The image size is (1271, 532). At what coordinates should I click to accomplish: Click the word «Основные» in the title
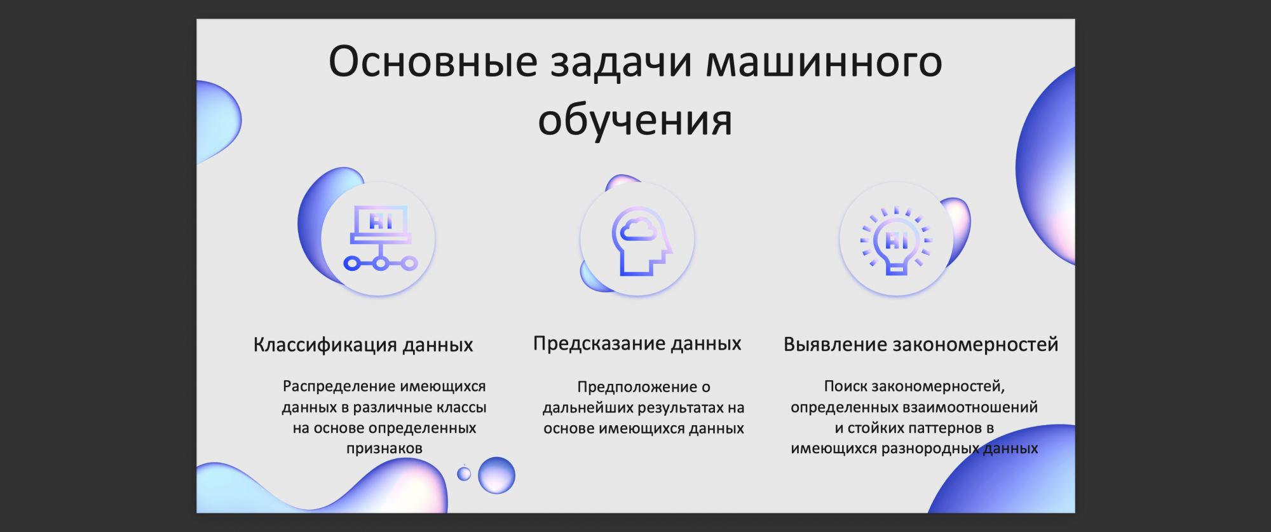point(433,62)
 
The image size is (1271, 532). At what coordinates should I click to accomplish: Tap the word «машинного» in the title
point(824,62)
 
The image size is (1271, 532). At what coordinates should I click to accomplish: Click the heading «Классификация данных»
point(364,344)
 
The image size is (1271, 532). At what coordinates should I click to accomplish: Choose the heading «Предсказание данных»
point(637,343)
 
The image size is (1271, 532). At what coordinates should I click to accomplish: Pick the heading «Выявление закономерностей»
point(921,344)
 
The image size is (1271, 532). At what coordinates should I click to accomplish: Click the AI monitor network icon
point(381,238)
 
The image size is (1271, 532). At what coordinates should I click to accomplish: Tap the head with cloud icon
point(641,241)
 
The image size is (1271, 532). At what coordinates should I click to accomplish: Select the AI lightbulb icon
point(896,241)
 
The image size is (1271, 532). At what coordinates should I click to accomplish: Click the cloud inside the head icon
point(638,229)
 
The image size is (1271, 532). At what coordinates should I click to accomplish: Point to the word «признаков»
point(384,449)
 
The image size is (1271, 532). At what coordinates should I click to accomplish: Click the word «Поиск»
point(845,386)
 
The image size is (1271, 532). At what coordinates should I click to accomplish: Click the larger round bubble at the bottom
point(496,475)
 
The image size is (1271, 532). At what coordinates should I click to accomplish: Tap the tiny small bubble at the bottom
point(465,473)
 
